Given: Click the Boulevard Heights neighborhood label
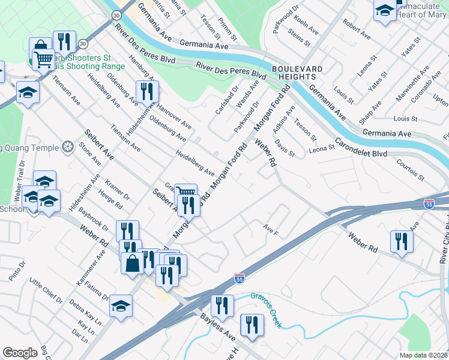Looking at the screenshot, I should click(x=294, y=73).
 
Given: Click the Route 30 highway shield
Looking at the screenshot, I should click(x=82, y=44).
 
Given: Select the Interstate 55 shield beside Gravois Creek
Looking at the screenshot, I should click(x=239, y=278).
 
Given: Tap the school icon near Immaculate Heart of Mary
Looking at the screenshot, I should click(x=385, y=11).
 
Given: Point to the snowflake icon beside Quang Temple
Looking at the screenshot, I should click(x=68, y=147).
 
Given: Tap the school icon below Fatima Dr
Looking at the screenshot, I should click(x=121, y=306).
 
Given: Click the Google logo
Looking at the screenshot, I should click(x=20, y=353).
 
